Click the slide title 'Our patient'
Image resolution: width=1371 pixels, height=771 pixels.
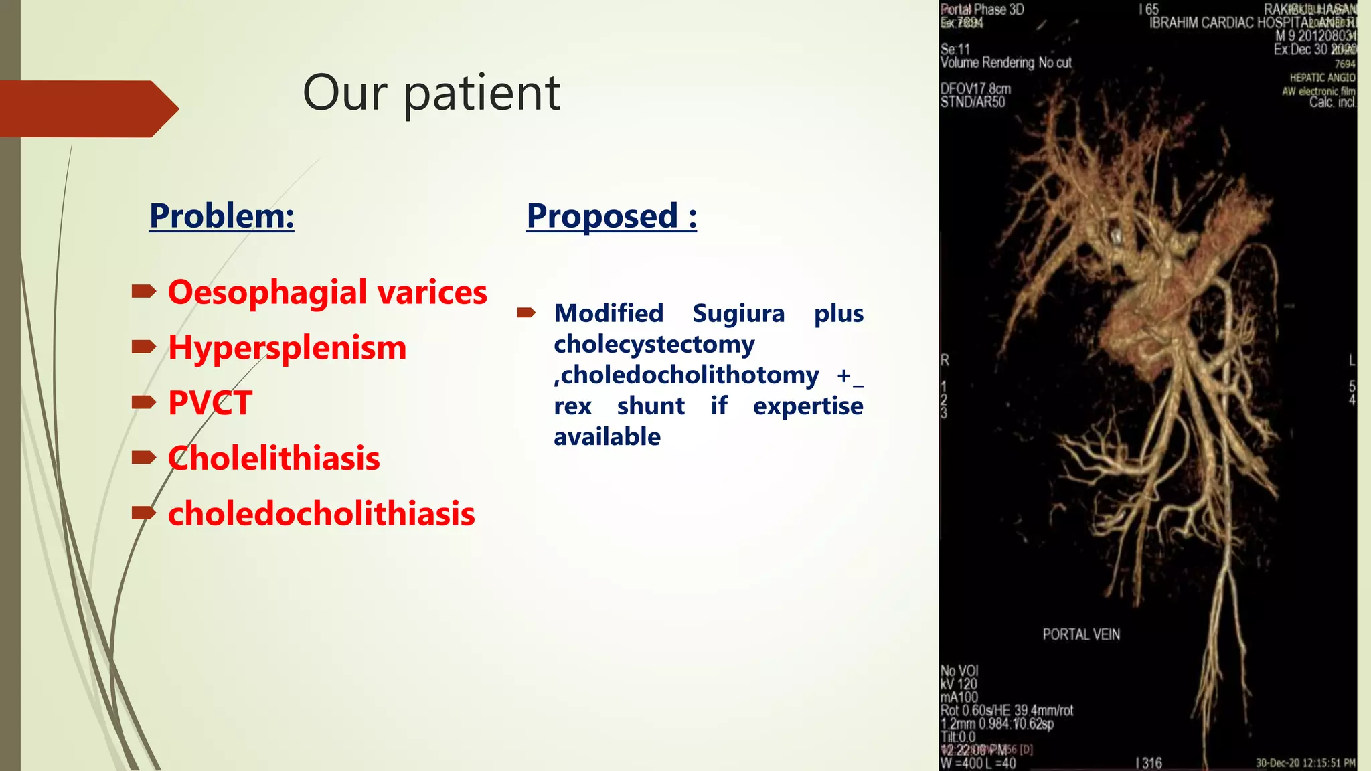[431, 93]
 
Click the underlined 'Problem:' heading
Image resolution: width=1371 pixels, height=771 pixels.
[222, 216]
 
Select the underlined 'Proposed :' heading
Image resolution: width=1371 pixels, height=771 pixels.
[611, 216]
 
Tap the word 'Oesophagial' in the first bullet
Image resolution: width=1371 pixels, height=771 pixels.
[268, 293]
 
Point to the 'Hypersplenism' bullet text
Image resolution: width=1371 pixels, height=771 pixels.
[287, 348]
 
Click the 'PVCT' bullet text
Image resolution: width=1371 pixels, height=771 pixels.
[210, 403]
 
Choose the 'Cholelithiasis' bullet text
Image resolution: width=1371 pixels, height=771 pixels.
[274, 458]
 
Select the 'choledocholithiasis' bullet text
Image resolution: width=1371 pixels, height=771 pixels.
[321, 514]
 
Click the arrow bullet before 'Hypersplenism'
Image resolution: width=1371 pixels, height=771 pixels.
[143, 347]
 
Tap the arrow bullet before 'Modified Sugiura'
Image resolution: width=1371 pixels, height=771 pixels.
[526, 313]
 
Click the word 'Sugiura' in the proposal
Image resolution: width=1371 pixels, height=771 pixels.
[738, 313]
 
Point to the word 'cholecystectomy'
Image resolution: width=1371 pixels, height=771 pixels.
[654, 344]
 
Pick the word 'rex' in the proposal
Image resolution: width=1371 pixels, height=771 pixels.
[572, 406]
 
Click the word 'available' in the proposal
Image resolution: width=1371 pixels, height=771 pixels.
[607, 437]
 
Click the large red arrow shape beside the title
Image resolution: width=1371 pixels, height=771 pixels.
[87, 108]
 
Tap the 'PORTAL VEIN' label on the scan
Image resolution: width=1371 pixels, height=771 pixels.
[1080, 634]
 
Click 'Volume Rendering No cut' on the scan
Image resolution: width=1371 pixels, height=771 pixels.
[1005, 63]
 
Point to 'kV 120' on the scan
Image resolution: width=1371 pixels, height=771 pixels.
[959, 684]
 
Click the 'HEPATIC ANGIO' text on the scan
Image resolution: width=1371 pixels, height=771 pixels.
[1322, 78]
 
